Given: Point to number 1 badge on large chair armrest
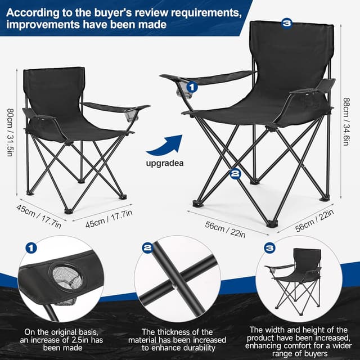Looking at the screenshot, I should pyautogui.click(x=192, y=87).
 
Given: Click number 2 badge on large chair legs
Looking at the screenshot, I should pyautogui.click(x=236, y=174).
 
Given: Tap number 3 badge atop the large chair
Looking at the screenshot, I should pyautogui.click(x=287, y=23).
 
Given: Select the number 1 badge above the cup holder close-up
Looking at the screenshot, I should pyautogui.click(x=31, y=247).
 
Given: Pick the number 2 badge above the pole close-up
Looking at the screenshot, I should pyautogui.click(x=147, y=247).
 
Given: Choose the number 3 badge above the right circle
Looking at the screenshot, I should pyautogui.click(x=269, y=247).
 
